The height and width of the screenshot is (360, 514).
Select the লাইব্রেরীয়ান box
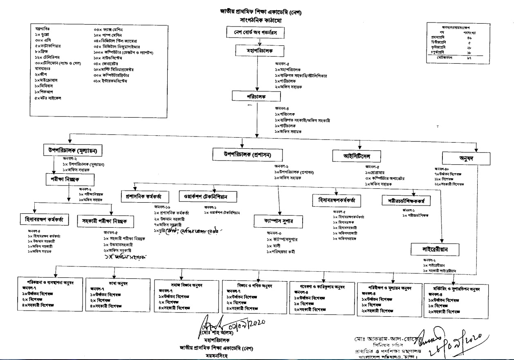[x=435, y=248]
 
